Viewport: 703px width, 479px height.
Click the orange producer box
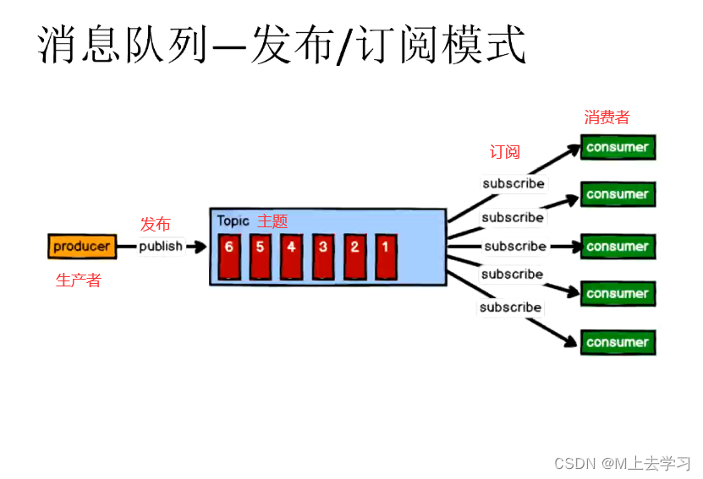click(x=82, y=247)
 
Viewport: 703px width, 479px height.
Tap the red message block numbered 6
click(x=229, y=256)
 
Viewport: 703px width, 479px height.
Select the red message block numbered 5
click(x=261, y=256)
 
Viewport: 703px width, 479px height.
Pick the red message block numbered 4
click(x=292, y=256)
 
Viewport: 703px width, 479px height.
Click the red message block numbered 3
click(x=323, y=256)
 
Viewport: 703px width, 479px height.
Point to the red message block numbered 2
click(x=354, y=256)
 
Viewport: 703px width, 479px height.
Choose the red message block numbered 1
click(x=386, y=256)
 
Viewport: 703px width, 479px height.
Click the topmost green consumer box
click(x=618, y=147)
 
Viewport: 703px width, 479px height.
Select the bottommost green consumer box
click(x=618, y=342)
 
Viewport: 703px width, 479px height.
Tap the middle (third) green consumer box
click(x=618, y=247)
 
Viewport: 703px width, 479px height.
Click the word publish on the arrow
click(x=161, y=247)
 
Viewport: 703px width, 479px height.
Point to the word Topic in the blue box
click(x=233, y=221)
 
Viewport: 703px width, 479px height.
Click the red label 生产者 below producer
click(x=78, y=281)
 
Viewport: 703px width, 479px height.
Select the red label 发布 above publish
click(x=155, y=224)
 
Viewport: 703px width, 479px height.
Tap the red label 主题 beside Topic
click(x=272, y=221)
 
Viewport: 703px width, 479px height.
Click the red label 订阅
click(x=505, y=152)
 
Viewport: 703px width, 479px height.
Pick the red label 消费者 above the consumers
click(x=607, y=117)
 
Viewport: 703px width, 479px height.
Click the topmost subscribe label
click(x=514, y=183)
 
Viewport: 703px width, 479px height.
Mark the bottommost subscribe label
click(x=510, y=308)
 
